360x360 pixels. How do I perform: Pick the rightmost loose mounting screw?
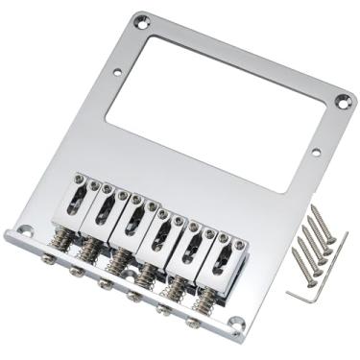click(326, 228)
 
